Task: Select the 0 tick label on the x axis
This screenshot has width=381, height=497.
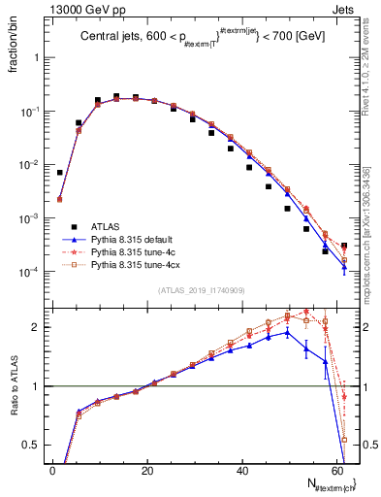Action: [x=52, y=471]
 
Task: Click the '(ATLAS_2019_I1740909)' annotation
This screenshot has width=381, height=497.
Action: [x=200, y=291]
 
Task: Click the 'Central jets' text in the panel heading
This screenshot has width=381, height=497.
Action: [x=107, y=39]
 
